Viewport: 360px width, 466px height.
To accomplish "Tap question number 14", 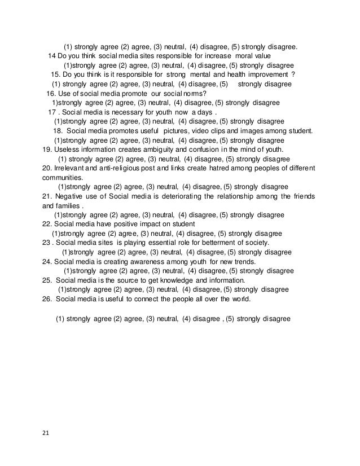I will (x=52, y=56).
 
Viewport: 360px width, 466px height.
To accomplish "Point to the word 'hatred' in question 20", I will (x=221, y=168).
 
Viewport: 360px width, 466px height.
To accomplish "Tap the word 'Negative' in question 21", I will (x=71, y=196).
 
